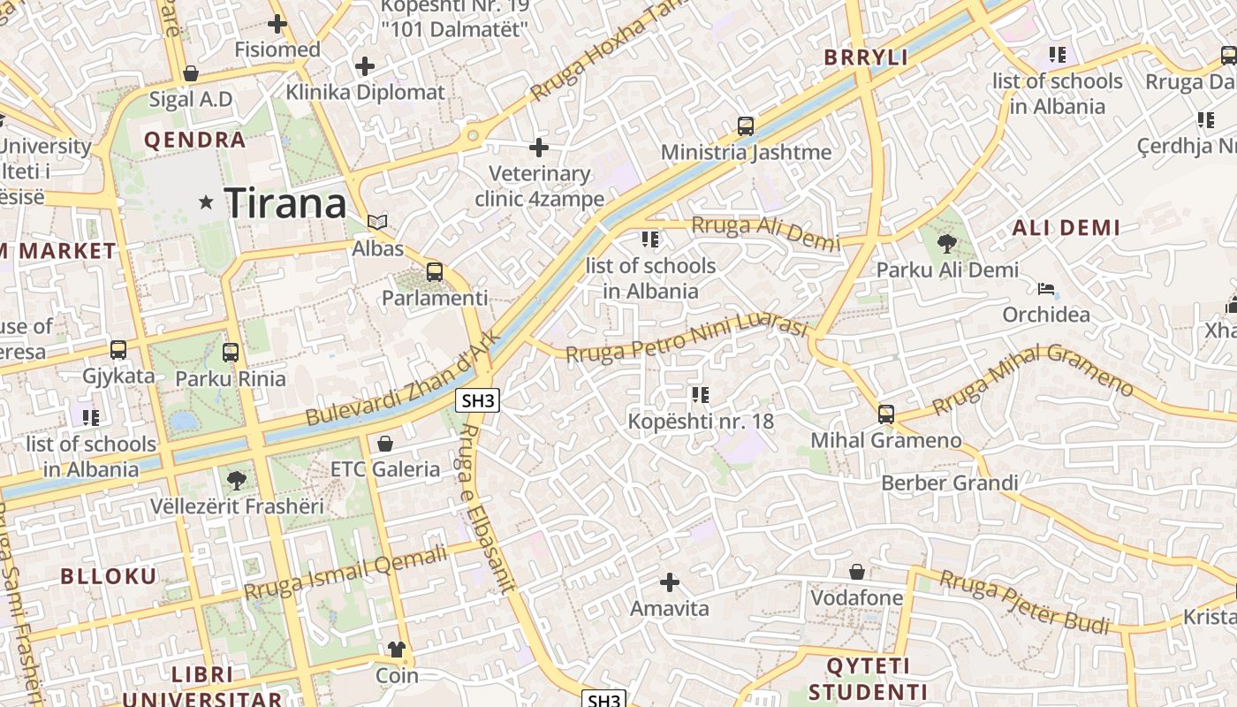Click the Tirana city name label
pyautogui.click(x=285, y=203)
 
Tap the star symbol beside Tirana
pyautogui.click(x=207, y=202)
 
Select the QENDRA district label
pyautogui.click(x=194, y=140)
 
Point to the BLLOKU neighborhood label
pyautogui.click(x=109, y=576)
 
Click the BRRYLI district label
pyautogui.click(x=866, y=57)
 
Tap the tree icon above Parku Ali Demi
pyautogui.click(x=946, y=243)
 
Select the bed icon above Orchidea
pyautogui.click(x=1046, y=289)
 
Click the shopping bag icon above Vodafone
pyautogui.click(x=856, y=572)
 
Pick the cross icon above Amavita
pyautogui.click(x=670, y=582)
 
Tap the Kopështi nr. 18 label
pyautogui.click(x=701, y=421)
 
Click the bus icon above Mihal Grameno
pyautogui.click(x=886, y=414)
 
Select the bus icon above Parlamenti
pyautogui.click(x=434, y=272)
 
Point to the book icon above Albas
pyautogui.click(x=377, y=222)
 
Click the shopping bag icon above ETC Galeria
pyautogui.click(x=385, y=443)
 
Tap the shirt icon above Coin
pyautogui.click(x=397, y=650)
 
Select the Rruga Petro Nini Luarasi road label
pyautogui.click(x=687, y=341)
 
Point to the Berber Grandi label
pyautogui.click(x=950, y=483)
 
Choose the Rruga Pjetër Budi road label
pyautogui.click(x=1024, y=602)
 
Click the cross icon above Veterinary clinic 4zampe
pyautogui.click(x=539, y=148)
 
